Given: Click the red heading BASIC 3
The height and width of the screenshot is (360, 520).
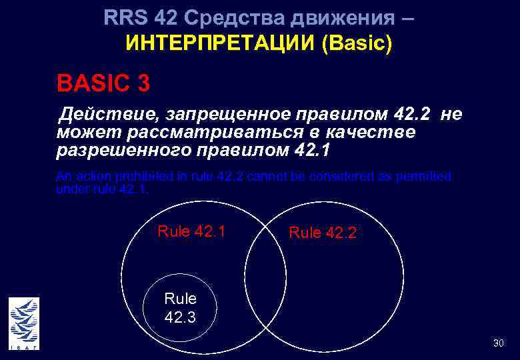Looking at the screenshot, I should tap(103, 84).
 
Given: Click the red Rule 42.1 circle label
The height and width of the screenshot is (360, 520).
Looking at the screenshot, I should tap(191, 231).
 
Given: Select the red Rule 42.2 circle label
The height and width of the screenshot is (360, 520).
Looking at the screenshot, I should tap(323, 233).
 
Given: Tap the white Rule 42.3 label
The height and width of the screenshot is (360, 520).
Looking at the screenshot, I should tap(180, 308).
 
